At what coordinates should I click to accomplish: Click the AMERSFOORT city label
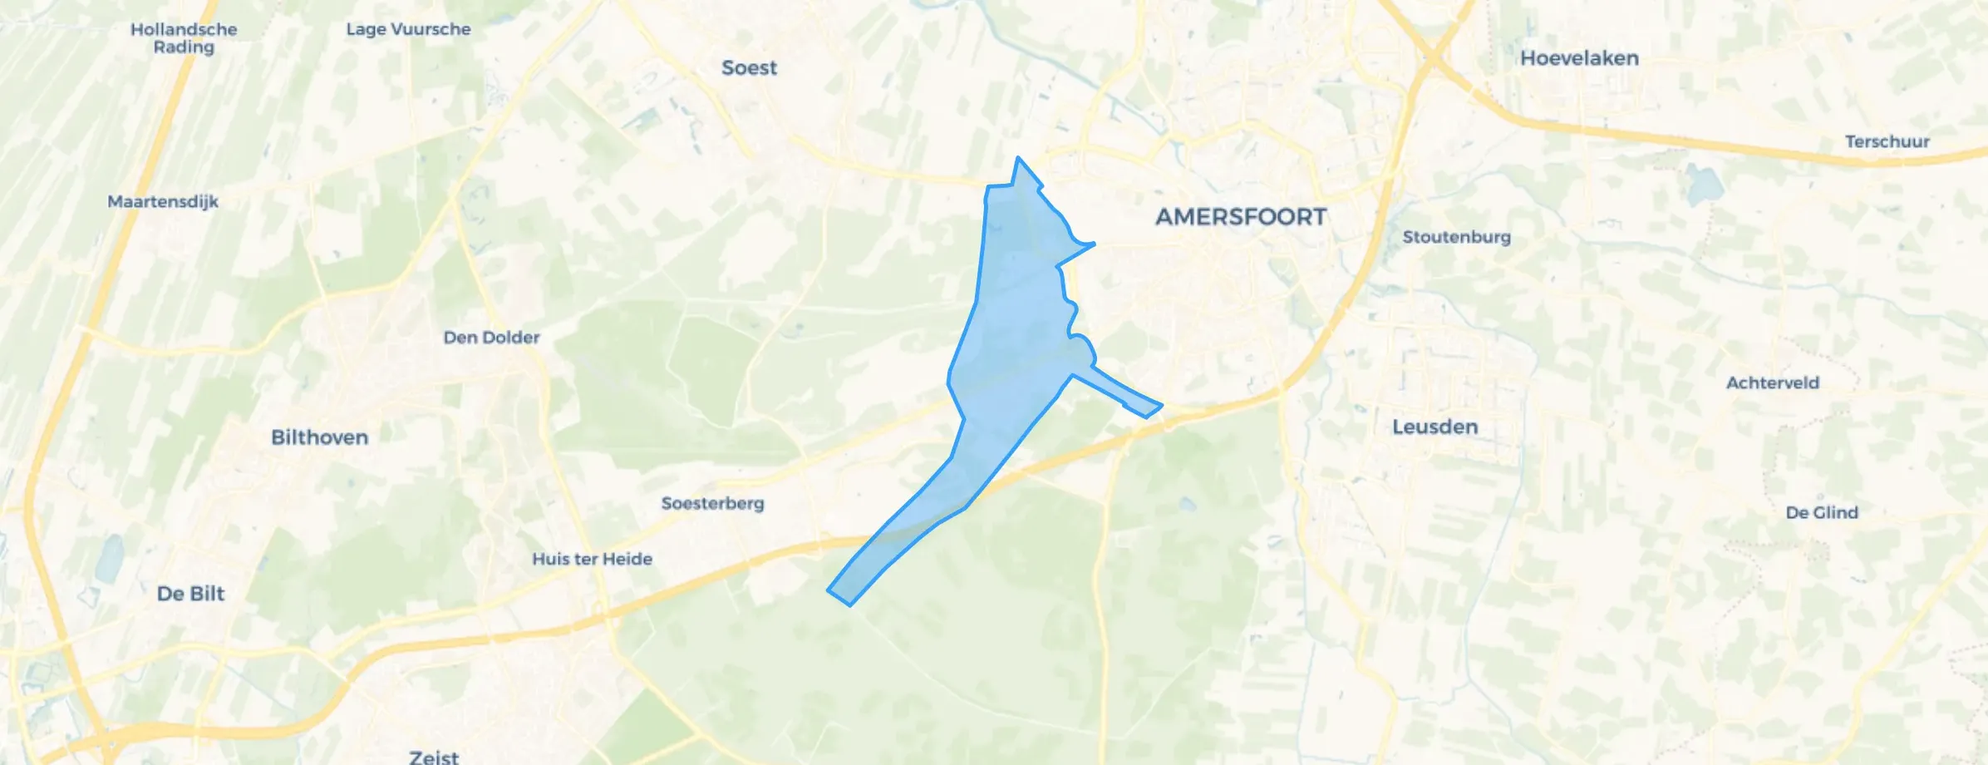1241,217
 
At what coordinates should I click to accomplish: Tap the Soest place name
749,68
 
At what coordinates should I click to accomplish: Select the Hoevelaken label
1579,58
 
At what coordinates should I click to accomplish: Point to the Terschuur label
1887,141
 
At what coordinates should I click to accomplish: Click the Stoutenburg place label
1456,237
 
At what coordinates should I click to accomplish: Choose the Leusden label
1434,427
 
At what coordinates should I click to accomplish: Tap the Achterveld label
1773,383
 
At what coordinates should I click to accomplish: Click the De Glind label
1822,513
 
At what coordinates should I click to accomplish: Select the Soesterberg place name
712,504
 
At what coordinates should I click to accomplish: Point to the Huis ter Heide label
592,560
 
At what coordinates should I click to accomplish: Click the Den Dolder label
491,338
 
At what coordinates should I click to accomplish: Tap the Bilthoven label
319,437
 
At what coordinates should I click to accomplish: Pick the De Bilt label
190,594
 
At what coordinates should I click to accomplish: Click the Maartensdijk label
163,201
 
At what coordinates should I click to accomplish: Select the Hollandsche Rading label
184,38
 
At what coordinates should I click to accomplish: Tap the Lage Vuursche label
408,29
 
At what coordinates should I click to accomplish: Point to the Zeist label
434,756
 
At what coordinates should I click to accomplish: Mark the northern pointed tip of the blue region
1018,159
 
